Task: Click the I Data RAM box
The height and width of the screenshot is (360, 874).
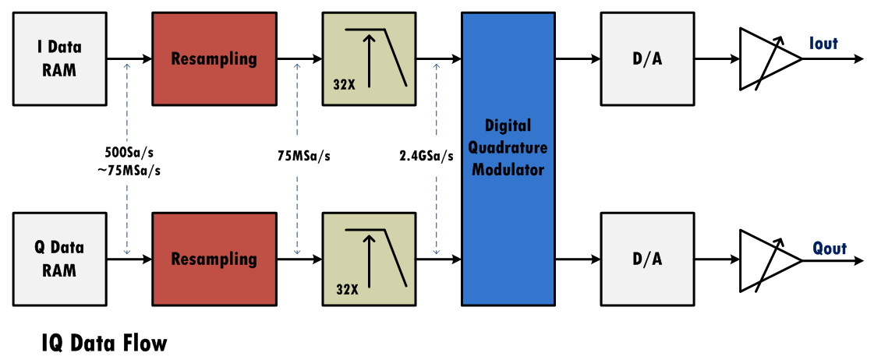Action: (x=60, y=58)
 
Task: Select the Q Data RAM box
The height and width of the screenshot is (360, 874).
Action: (x=60, y=259)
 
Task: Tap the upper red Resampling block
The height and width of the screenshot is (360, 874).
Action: (x=214, y=58)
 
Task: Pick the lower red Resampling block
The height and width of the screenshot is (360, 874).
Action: (x=214, y=259)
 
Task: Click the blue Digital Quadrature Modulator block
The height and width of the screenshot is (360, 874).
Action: (x=508, y=158)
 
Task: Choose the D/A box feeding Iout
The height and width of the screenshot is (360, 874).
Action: (x=646, y=58)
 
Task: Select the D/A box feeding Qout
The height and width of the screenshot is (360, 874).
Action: (x=646, y=259)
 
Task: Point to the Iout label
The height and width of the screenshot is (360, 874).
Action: (x=823, y=44)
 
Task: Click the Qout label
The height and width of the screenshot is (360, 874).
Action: (x=828, y=249)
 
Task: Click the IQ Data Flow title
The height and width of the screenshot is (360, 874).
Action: (x=104, y=343)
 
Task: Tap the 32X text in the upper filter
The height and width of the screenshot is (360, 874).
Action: (x=344, y=86)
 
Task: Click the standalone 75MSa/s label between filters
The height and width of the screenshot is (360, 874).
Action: (x=299, y=156)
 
